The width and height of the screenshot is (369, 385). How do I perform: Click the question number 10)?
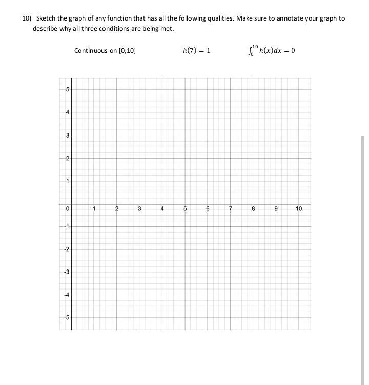click(27, 18)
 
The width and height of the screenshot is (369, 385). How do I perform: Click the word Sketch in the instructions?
click(46, 18)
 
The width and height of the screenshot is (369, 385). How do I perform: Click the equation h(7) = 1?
click(196, 50)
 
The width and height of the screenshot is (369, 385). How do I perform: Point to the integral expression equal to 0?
click(271, 50)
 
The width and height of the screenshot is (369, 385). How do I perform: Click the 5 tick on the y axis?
click(67, 89)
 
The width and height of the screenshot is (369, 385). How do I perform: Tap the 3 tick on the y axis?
click(67, 136)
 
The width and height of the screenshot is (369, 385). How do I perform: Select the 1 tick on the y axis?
click(67, 181)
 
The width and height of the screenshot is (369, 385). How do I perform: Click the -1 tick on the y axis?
click(67, 226)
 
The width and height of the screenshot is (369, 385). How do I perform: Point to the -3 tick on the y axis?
click(67, 272)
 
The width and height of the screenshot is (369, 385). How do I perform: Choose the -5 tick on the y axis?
click(67, 317)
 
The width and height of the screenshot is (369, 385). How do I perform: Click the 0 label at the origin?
click(67, 209)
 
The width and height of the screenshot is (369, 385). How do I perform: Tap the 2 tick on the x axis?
click(116, 209)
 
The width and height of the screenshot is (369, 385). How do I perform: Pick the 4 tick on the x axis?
click(162, 209)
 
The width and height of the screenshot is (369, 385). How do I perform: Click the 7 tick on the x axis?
click(230, 209)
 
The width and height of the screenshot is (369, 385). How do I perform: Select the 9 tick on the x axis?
click(276, 209)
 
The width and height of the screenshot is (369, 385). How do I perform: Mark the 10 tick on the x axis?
click(299, 209)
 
